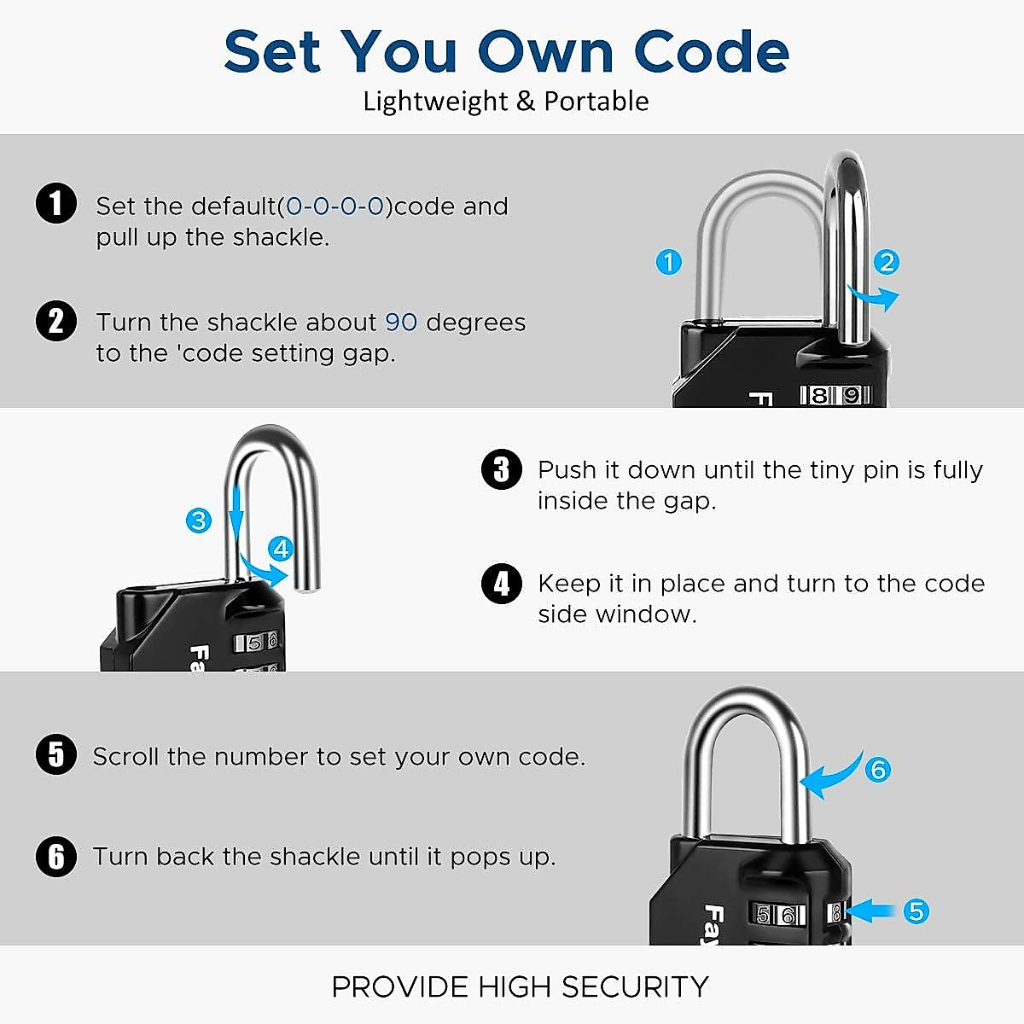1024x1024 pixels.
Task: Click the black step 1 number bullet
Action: [x=56, y=205]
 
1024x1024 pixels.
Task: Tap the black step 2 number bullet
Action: [x=56, y=321]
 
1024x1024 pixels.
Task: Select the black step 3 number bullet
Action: [x=501, y=469]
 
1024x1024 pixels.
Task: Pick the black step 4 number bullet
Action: [x=501, y=584]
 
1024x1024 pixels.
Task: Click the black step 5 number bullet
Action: [x=56, y=755]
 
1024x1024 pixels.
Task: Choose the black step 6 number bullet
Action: [x=56, y=856]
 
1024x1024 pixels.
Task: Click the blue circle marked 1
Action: [x=669, y=262]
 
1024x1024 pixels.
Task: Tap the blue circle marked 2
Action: [x=887, y=262]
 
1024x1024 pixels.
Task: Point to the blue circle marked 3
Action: [x=199, y=520]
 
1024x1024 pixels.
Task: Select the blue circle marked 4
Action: [x=281, y=549]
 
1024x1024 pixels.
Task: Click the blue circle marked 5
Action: [x=916, y=911]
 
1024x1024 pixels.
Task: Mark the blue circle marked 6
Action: [x=877, y=770]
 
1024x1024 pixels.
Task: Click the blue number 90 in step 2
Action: [x=401, y=322]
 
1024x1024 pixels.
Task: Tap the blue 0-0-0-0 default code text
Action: [x=335, y=207]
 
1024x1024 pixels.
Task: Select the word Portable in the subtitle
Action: [x=596, y=102]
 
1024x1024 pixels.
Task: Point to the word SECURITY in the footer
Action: [x=635, y=986]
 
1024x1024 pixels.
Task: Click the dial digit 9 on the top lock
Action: [x=851, y=395]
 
